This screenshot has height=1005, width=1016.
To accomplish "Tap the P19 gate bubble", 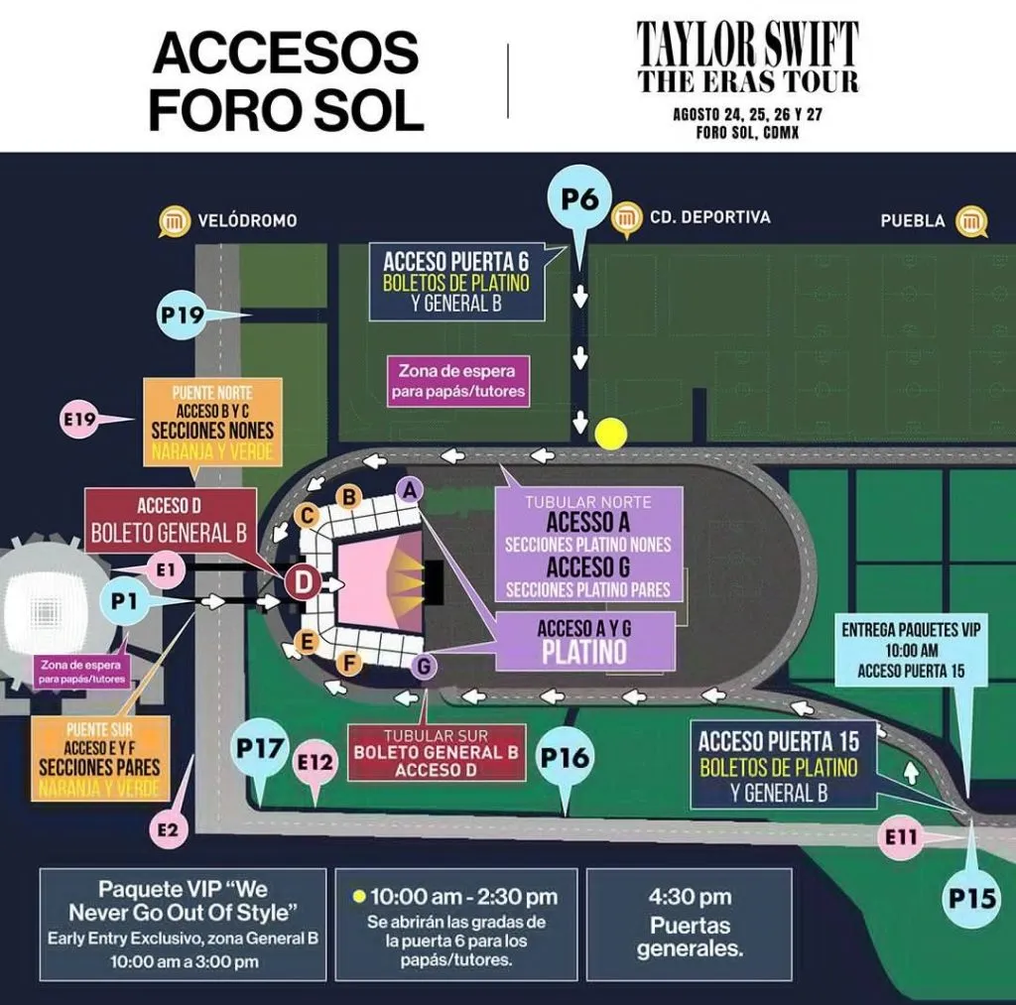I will click(x=182, y=315).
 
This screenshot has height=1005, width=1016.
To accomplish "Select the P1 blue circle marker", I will click(x=124, y=601).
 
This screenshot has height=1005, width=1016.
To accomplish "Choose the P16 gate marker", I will click(x=564, y=759).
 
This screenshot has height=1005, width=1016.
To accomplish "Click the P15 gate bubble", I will click(x=971, y=899).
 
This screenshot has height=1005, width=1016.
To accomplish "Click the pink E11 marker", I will click(x=902, y=837).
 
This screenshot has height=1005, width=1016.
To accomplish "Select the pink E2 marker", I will click(x=171, y=828).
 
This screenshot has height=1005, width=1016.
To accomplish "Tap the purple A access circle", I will click(x=409, y=488).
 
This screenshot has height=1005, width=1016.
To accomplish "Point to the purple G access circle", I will click(x=425, y=667).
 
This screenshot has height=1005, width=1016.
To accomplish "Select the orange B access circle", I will click(x=349, y=497).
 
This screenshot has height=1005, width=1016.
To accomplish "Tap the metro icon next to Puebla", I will click(x=971, y=221).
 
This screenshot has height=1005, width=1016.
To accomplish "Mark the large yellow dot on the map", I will click(x=611, y=434).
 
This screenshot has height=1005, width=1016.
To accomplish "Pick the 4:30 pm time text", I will click(x=690, y=897).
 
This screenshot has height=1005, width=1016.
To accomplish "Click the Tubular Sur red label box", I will click(x=436, y=753).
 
